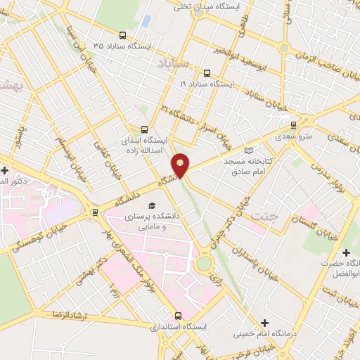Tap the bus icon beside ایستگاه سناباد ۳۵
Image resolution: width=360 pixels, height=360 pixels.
[x=124, y=35]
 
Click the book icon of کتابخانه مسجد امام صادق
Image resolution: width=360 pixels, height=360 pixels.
[x=246, y=150]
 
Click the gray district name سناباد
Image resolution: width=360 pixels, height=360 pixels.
[x=169, y=64]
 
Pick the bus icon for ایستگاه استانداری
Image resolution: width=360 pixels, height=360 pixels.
[x=177, y=316]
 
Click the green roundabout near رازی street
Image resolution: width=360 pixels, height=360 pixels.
[x=204, y=263]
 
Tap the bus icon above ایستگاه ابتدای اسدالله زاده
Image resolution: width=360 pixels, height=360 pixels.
[x=144, y=129]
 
